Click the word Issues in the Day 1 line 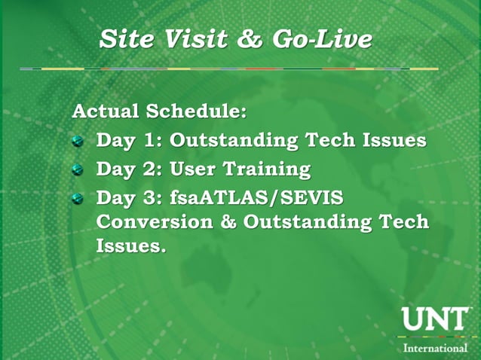pyautogui.click(x=391, y=141)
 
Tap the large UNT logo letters pyautogui.click(x=434, y=319)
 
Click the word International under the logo pyautogui.click(x=435, y=347)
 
